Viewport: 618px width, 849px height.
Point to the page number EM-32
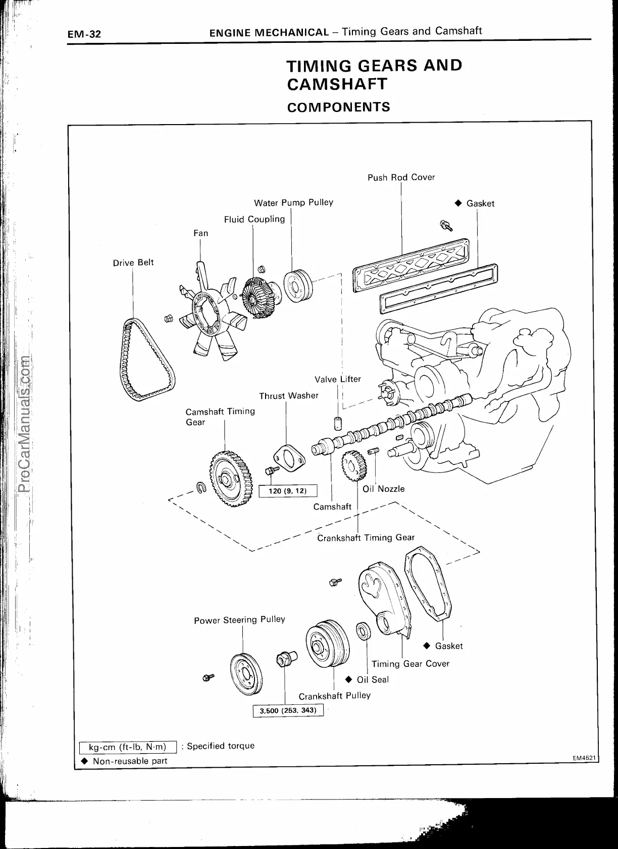(85, 34)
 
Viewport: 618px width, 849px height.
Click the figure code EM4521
(584, 758)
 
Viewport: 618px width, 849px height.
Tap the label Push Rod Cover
(401, 177)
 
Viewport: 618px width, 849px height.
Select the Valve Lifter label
(338, 379)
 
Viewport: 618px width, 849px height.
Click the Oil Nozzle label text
(384, 488)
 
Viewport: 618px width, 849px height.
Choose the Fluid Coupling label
(254, 219)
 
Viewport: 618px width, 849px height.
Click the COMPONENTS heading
(338, 107)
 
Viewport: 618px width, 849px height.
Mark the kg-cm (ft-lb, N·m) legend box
(127, 747)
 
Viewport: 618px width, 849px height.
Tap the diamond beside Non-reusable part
(84, 761)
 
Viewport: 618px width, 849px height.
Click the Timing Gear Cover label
(410, 663)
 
